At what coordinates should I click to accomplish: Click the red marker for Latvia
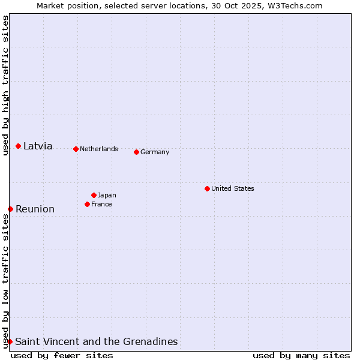pyautogui.click(x=19, y=146)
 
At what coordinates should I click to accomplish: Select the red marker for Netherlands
pyautogui.click(x=76, y=149)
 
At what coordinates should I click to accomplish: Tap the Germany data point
pyautogui.click(x=136, y=152)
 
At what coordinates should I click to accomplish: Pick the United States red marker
pyautogui.click(x=207, y=188)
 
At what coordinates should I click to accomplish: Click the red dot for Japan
pyautogui.click(x=94, y=195)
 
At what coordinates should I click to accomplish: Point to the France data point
pyautogui.click(x=87, y=204)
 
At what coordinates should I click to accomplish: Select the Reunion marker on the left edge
pyautogui.click(x=10, y=209)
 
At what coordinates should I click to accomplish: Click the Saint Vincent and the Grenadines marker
pyautogui.click(x=10, y=341)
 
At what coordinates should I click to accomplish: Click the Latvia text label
pyautogui.click(x=38, y=146)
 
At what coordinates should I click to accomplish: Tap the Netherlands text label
pyautogui.click(x=98, y=149)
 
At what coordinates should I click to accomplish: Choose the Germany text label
pyautogui.click(x=155, y=152)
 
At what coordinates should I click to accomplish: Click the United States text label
pyautogui.click(x=232, y=188)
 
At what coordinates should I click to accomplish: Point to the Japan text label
pyautogui.click(x=107, y=195)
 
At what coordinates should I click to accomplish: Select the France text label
pyautogui.click(x=101, y=204)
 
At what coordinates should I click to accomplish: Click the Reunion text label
pyautogui.click(x=35, y=209)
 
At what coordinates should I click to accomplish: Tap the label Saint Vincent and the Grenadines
pyautogui.click(x=96, y=341)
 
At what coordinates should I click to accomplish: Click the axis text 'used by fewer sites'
pyautogui.click(x=62, y=355)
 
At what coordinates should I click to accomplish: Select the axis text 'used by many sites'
pyautogui.click(x=301, y=355)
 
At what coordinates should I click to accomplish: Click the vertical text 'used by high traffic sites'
pyautogui.click(x=5, y=85)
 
